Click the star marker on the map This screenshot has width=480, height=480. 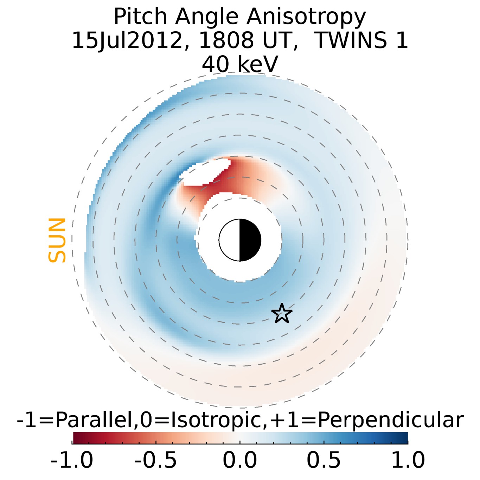pos(282,313)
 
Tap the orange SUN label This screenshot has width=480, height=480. pos(57,240)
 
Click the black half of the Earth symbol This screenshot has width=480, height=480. pos(250,240)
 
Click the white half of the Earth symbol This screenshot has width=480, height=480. pos(229,240)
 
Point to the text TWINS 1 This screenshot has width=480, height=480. pos(360,40)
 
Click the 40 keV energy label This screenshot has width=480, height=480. pos(240,64)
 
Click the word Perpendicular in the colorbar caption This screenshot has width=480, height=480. pos(390,420)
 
